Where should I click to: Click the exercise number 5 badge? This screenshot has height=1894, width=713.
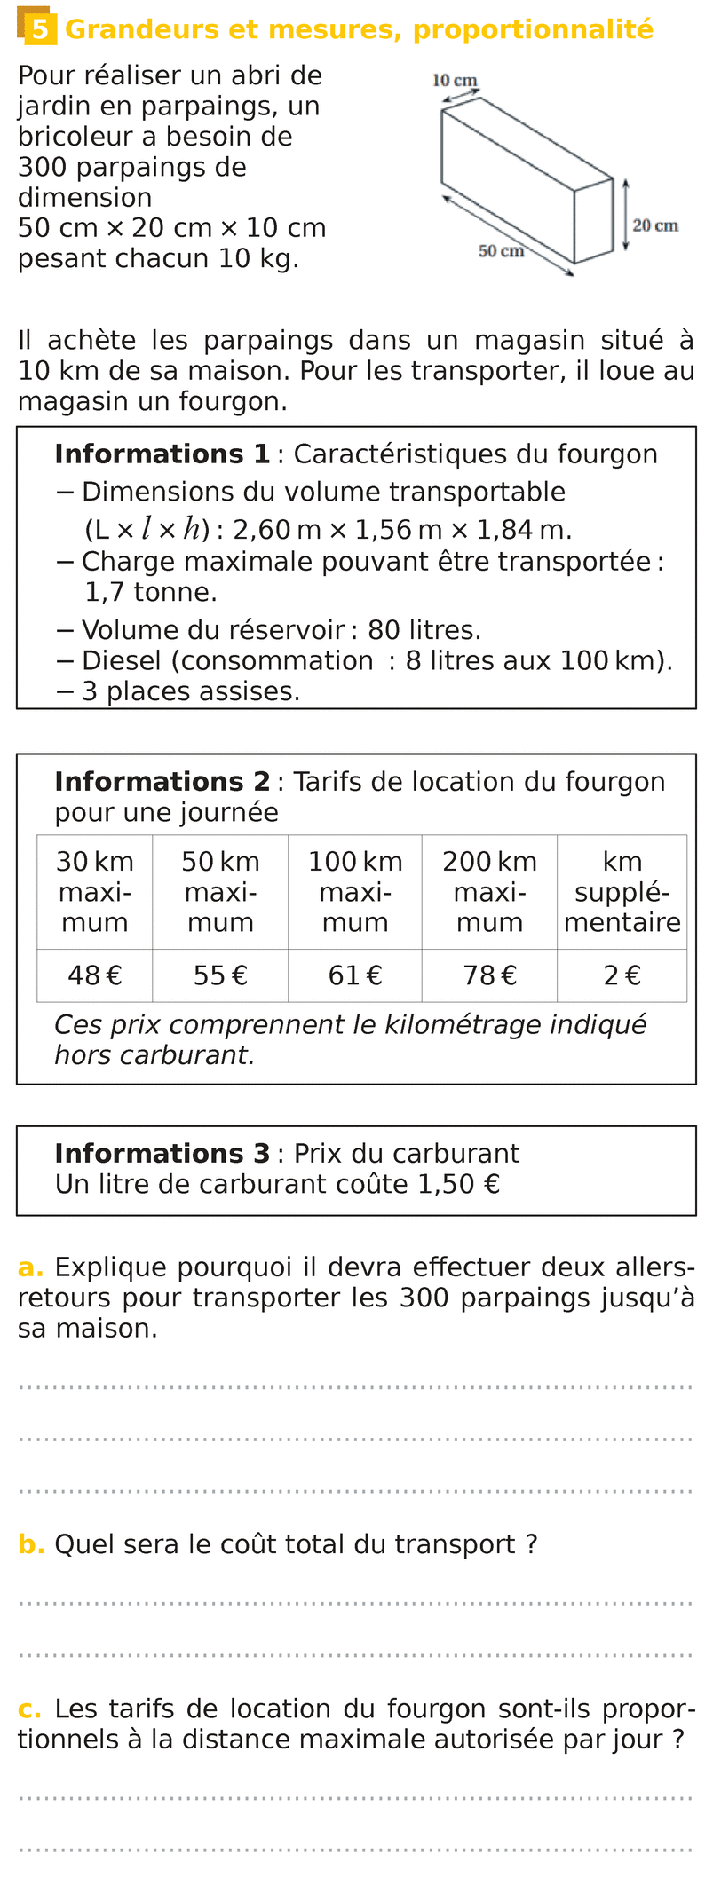click(39, 29)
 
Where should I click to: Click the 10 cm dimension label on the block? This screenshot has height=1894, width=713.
click(455, 81)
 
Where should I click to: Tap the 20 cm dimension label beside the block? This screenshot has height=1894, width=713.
click(655, 225)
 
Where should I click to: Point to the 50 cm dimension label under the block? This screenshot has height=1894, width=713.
click(501, 251)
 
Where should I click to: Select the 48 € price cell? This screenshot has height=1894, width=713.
click(95, 975)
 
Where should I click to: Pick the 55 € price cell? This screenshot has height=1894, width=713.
click(220, 975)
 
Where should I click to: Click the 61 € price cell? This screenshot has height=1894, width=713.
click(355, 975)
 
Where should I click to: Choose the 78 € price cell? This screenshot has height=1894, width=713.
click(489, 975)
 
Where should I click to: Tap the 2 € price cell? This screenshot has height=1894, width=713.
click(622, 975)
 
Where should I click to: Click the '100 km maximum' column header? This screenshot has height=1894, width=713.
click(355, 892)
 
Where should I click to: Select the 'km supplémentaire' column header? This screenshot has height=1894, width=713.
click(622, 892)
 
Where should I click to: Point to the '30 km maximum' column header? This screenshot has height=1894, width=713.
click(95, 892)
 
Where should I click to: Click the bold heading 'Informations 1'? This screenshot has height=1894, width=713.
click(162, 454)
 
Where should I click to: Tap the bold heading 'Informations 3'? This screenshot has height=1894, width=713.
click(162, 1154)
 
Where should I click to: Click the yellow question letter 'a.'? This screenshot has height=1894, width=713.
click(30, 1267)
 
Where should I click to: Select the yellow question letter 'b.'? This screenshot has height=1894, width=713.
click(31, 1545)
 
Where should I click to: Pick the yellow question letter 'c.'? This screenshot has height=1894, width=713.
click(30, 1709)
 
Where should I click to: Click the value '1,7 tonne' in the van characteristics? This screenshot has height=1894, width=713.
click(151, 592)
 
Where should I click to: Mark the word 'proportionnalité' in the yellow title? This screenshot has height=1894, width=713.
click(533, 29)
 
